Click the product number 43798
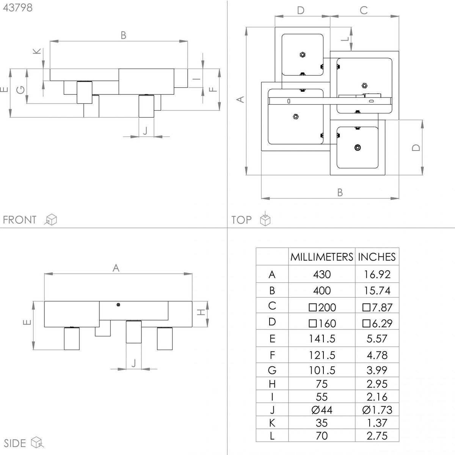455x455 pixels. click(x=18, y=8)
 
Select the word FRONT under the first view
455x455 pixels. click(x=20, y=220)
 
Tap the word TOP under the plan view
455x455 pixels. click(x=241, y=220)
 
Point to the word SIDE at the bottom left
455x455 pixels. click(x=15, y=443)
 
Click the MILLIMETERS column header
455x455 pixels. click(x=322, y=257)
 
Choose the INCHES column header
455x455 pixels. click(x=377, y=257)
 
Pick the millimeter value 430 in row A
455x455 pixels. click(x=322, y=275)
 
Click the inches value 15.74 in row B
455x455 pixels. click(x=377, y=290)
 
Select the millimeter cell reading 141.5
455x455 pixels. click(x=322, y=339)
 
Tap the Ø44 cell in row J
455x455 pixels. click(x=322, y=410)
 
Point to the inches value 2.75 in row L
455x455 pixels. click(x=377, y=436)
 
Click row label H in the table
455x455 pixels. click(x=272, y=384)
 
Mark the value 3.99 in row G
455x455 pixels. click(x=377, y=370)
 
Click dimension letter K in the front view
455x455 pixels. click(x=37, y=51)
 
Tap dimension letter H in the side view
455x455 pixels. click(x=201, y=312)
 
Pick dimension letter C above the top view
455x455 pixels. click(x=364, y=10)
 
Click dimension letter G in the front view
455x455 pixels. click(x=20, y=90)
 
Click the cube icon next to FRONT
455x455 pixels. click(x=50, y=220)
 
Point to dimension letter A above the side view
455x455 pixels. click(x=116, y=268)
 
